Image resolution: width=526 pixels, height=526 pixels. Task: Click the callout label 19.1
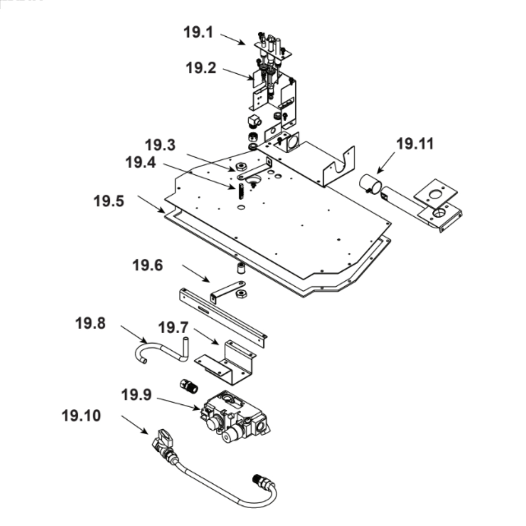click(x=198, y=32)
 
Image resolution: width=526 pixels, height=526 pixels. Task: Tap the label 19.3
click(x=160, y=144)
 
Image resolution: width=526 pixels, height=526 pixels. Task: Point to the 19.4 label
click(x=140, y=162)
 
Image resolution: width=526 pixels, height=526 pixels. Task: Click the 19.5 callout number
click(x=109, y=201)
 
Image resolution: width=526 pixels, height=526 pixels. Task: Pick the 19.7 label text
click(x=173, y=328)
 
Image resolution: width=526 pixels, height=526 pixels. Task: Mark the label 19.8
click(x=90, y=323)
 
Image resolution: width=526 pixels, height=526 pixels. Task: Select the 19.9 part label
click(x=136, y=394)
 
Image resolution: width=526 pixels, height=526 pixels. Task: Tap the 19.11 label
click(x=415, y=144)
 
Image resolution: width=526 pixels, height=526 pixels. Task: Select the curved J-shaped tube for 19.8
click(x=158, y=350)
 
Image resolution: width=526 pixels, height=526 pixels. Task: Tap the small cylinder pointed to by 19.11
click(x=371, y=184)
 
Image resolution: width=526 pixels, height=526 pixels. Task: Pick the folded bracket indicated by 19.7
click(x=226, y=362)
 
